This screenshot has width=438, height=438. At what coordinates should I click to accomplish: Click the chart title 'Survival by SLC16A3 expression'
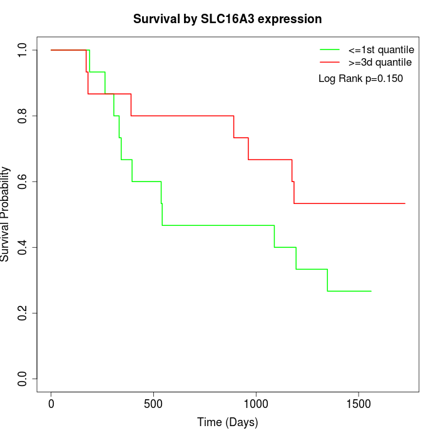(228, 19)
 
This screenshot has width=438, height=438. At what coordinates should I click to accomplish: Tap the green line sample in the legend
(330, 49)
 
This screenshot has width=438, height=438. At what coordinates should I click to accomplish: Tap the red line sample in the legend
(330, 63)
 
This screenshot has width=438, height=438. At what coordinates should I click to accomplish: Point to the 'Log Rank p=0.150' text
(361, 79)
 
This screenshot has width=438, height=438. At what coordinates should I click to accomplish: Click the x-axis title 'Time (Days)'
(228, 422)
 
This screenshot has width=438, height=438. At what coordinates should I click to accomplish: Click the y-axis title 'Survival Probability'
(6, 214)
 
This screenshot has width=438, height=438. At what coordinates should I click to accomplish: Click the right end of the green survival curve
(371, 291)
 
